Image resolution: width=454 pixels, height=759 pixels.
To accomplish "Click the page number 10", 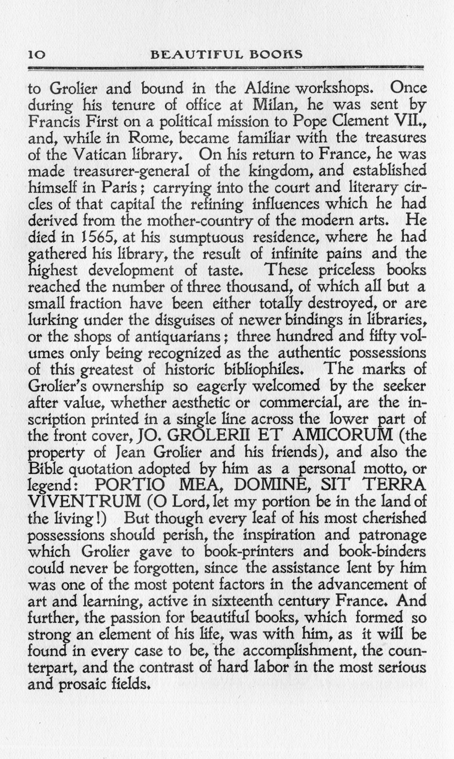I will pos(37,54).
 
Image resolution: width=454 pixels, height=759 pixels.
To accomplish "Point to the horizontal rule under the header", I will pos(226,68).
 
